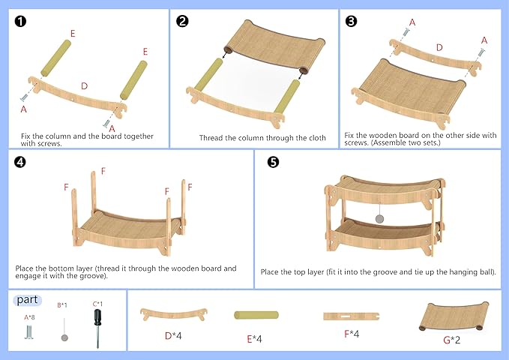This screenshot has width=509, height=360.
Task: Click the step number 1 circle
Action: [20, 20]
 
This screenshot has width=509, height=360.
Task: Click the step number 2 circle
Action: [182, 20]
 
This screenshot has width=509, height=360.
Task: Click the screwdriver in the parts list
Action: [97, 327]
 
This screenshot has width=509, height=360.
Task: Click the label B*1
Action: [62, 305]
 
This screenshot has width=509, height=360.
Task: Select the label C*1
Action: [97, 304]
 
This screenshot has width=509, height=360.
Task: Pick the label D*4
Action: [173, 335]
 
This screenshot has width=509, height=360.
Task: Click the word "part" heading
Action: [28, 299]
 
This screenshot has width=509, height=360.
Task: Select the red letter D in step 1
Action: [85, 86]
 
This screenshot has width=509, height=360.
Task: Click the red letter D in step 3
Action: [439, 48]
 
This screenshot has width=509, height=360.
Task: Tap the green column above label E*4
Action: [259, 316]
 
